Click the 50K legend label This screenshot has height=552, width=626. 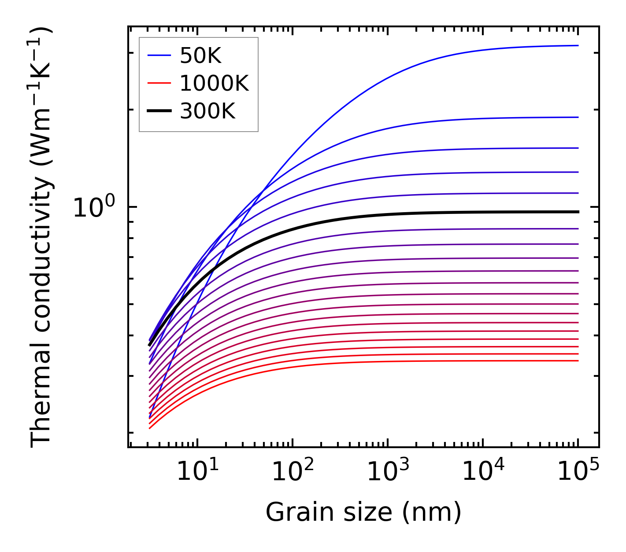tap(200, 56)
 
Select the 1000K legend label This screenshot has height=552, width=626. tap(214, 83)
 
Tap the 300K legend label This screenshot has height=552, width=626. tap(207, 111)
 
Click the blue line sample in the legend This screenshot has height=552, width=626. tap(159, 55)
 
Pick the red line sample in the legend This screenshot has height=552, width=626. tap(159, 83)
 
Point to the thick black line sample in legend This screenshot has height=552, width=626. tap(159, 111)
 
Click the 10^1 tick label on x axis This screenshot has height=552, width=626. tap(197, 472)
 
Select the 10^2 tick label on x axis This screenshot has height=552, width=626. tap(293, 472)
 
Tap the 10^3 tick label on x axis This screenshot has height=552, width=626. tap(388, 472)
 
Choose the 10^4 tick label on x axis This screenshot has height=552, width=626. tap(483, 472)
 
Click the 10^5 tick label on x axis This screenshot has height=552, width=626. tap(578, 472)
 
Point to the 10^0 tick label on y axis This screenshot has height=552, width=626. tap(93, 208)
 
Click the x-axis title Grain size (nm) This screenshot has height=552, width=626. tap(363, 512)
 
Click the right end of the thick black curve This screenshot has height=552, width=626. tap(578, 212)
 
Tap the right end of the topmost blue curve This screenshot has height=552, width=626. tap(578, 45)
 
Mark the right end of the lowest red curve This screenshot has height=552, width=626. tap(578, 361)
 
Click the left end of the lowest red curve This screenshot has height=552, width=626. tap(150, 428)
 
